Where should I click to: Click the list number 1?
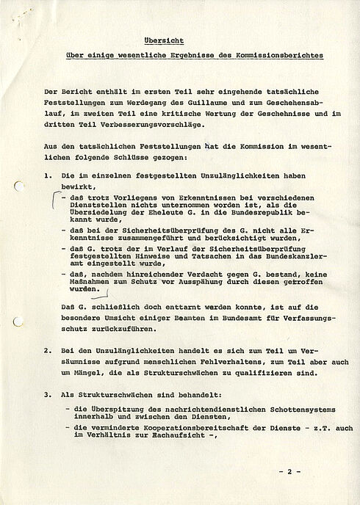click(47, 176)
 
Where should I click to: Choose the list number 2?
click(47, 351)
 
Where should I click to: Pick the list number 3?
click(47, 394)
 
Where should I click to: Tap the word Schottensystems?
click(256, 413)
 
